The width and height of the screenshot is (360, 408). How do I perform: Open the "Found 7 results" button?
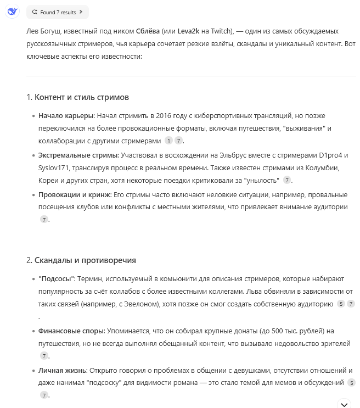(x=57, y=12)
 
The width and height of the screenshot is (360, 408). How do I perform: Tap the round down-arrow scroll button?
(x=344, y=404)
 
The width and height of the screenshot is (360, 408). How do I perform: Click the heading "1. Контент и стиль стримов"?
(x=78, y=97)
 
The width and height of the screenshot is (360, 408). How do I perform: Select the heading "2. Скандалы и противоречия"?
(x=81, y=260)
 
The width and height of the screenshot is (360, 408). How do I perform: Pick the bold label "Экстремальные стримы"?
(x=78, y=155)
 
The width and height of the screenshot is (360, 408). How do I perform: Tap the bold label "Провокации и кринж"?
(x=74, y=195)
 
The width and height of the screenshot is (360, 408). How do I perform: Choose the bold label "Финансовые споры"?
(x=71, y=331)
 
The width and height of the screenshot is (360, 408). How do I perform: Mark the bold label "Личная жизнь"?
(x=63, y=371)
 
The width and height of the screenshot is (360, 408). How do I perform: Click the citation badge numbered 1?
(x=168, y=141)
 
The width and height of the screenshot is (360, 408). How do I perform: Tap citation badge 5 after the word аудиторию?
(x=341, y=304)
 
